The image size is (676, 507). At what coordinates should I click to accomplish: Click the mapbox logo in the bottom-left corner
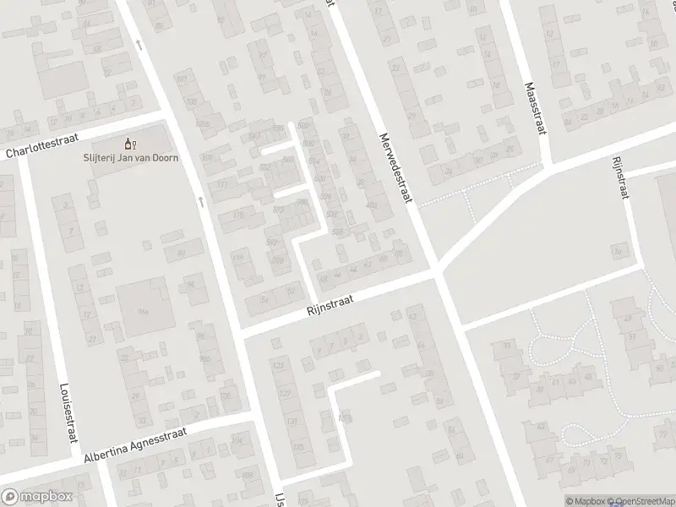36,497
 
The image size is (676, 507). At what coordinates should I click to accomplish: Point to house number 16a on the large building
143,312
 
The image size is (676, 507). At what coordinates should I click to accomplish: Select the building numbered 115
237,217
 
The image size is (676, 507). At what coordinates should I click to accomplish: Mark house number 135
297,447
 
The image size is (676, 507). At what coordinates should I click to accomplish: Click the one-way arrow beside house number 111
200,200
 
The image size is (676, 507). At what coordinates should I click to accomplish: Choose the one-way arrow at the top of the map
139,44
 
